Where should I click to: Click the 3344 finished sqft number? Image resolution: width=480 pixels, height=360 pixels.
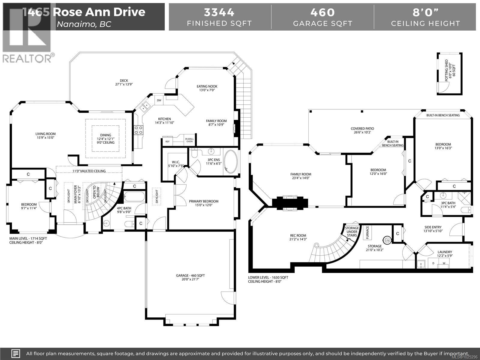tap(219, 12)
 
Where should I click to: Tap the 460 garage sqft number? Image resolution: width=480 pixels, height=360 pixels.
tap(322, 12)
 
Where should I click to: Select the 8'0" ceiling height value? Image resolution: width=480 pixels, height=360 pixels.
tap(425, 12)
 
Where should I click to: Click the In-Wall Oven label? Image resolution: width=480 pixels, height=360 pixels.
tap(189, 140)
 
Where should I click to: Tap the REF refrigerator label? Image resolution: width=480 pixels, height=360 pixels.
tap(167, 141)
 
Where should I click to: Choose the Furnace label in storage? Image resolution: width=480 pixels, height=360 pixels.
tap(367, 233)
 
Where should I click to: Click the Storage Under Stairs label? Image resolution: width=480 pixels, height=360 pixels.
tap(352, 232)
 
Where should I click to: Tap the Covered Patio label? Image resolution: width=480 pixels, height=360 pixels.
tap(362, 130)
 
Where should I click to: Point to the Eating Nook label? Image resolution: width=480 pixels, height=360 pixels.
tap(207, 88)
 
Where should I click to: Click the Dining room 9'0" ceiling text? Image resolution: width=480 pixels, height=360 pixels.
tap(106, 142)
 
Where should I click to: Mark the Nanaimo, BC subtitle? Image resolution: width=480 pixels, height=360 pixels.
tap(84, 24)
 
